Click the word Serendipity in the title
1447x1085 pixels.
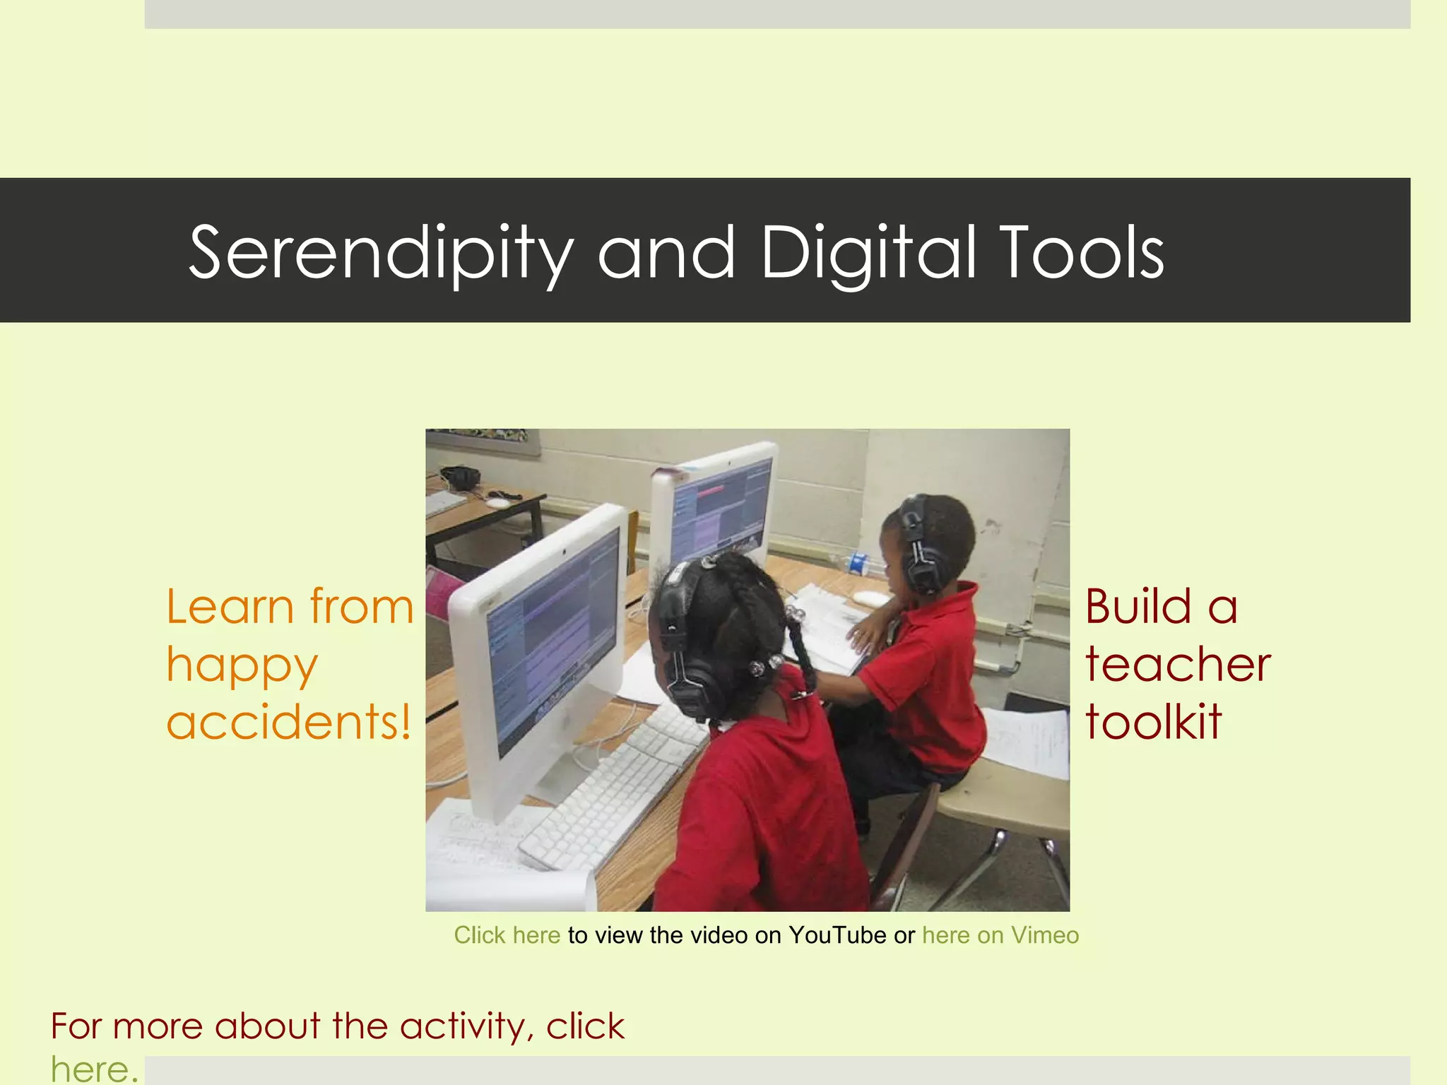pyautogui.click(x=380, y=253)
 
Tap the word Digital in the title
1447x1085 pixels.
pyautogui.click(x=868, y=253)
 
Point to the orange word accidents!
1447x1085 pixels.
pyautogui.click(x=288, y=723)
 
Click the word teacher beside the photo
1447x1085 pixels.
pyautogui.click(x=1178, y=665)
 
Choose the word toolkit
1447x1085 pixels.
pyautogui.click(x=1153, y=722)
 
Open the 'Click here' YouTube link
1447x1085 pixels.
pyautogui.click(x=507, y=935)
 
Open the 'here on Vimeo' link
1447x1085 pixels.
pyautogui.click(x=1000, y=935)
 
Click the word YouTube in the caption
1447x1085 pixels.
pyautogui.click(x=837, y=935)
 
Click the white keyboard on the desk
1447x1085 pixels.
pyautogui.click(x=608, y=791)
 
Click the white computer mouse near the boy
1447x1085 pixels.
pyautogui.click(x=870, y=598)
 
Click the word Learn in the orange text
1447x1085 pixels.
pyautogui.click(x=230, y=607)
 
